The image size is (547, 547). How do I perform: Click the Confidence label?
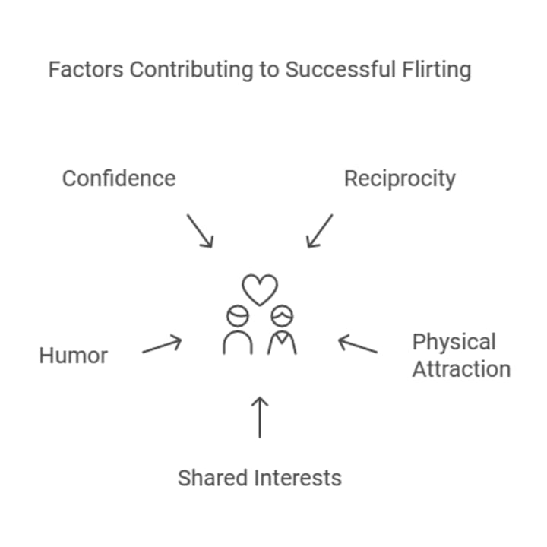pyautogui.click(x=119, y=179)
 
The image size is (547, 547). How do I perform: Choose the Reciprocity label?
pyautogui.click(x=400, y=179)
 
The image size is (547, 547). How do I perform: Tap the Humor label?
pyautogui.click(x=74, y=355)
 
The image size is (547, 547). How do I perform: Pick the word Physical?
pyautogui.click(x=454, y=342)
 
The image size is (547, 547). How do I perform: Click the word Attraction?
pyautogui.click(x=461, y=369)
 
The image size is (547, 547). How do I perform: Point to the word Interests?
pyautogui.click(x=298, y=478)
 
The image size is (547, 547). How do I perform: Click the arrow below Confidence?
pyautogui.click(x=200, y=230)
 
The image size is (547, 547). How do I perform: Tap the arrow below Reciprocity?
pyautogui.click(x=319, y=230)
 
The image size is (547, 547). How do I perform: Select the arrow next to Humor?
pyautogui.click(x=162, y=346)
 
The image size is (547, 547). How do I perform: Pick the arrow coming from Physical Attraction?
pyautogui.click(x=357, y=345)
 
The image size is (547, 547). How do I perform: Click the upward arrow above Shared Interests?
pyautogui.click(x=260, y=416)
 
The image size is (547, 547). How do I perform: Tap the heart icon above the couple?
pyautogui.click(x=260, y=289)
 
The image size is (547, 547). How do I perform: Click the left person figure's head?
pyautogui.click(x=236, y=315)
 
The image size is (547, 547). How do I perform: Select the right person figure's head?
pyautogui.click(x=283, y=314)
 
